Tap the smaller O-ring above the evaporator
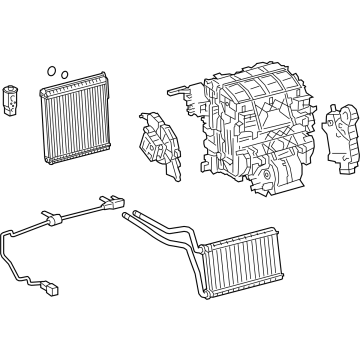pos(63,74)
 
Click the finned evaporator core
pos(72,120)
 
